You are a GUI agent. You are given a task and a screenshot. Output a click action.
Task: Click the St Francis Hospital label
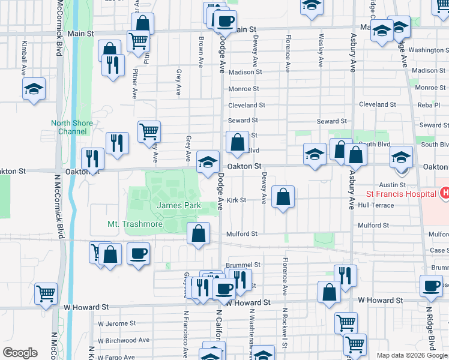(400, 194)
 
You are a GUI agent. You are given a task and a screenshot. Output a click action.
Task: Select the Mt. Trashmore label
(135, 224)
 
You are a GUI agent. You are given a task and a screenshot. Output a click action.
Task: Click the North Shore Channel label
(72, 127)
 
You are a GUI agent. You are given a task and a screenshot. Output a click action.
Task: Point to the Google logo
(20, 353)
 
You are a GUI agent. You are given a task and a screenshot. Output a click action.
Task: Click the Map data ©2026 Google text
(412, 355)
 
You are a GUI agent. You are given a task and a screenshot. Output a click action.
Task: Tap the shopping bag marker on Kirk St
(283, 196)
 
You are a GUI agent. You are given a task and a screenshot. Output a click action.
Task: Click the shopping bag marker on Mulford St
(198, 233)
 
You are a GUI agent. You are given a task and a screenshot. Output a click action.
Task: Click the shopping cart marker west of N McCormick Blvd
(46, 293)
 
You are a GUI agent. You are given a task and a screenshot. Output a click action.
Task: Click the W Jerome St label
(116, 323)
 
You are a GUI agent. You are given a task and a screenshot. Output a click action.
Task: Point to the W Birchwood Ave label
(123, 340)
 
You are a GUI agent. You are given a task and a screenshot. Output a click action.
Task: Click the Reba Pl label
(429, 104)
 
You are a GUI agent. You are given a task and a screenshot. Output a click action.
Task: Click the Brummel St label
(243, 265)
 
